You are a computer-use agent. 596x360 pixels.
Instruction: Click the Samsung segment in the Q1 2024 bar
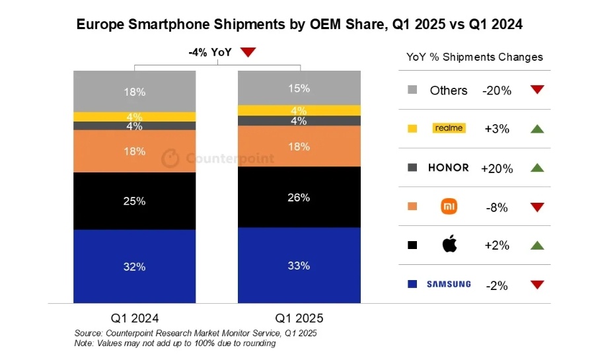(135, 266)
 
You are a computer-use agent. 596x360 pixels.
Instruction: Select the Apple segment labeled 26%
(299, 197)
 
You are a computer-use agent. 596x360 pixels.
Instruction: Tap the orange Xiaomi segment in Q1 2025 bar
(299, 146)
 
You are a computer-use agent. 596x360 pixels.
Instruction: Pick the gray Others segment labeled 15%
(299, 88)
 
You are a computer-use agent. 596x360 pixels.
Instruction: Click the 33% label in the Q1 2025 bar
(299, 266)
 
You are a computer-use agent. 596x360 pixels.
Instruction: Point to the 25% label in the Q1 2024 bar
(134, 201)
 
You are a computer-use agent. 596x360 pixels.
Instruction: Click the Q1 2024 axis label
(135, 318)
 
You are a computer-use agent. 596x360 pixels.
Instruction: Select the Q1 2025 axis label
(299, 318)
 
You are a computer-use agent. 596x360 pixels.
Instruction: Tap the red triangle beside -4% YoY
(248, 52)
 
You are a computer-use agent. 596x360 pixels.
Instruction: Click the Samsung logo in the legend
(449, 284)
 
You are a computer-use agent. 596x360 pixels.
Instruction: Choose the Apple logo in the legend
(450, 244)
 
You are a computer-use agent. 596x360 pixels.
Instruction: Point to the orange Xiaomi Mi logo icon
(449, 206)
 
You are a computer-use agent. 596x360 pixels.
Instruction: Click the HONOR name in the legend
(449, 168)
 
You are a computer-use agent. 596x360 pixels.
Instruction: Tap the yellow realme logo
(449, 128)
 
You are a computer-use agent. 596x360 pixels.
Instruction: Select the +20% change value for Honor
(497, 168)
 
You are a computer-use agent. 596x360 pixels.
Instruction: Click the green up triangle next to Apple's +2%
(537, 245)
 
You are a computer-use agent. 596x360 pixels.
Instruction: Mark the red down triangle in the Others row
(537, 90)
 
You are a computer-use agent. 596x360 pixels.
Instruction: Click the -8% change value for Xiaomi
(497, 207)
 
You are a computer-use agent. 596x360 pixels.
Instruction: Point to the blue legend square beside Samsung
(412, 284)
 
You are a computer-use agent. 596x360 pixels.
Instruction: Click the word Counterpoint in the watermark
(230, 158)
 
